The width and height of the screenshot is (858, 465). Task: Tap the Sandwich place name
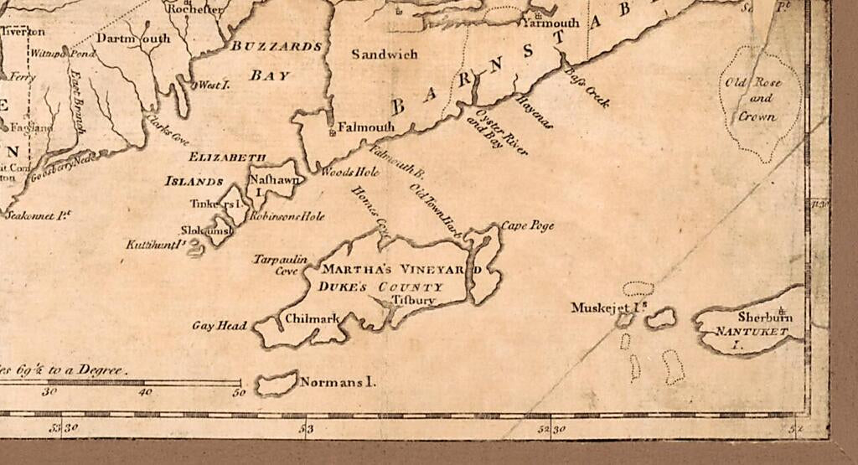pos(384,54)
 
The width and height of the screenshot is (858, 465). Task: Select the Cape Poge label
pos(528,226)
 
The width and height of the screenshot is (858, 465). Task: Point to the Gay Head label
pos(220,326)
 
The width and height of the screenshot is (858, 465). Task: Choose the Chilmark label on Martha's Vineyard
pos(312,318)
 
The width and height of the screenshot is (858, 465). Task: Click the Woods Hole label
pos(350,172)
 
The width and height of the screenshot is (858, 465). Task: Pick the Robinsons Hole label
pos(287,216)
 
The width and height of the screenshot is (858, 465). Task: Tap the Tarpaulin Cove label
pos(277,265)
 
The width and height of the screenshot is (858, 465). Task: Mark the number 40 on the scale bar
pos(145,391)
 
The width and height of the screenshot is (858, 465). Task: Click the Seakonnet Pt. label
pos(36,215)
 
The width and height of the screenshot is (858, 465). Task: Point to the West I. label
pos(209,85)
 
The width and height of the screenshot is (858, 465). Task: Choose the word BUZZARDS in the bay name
pos(277,46)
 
